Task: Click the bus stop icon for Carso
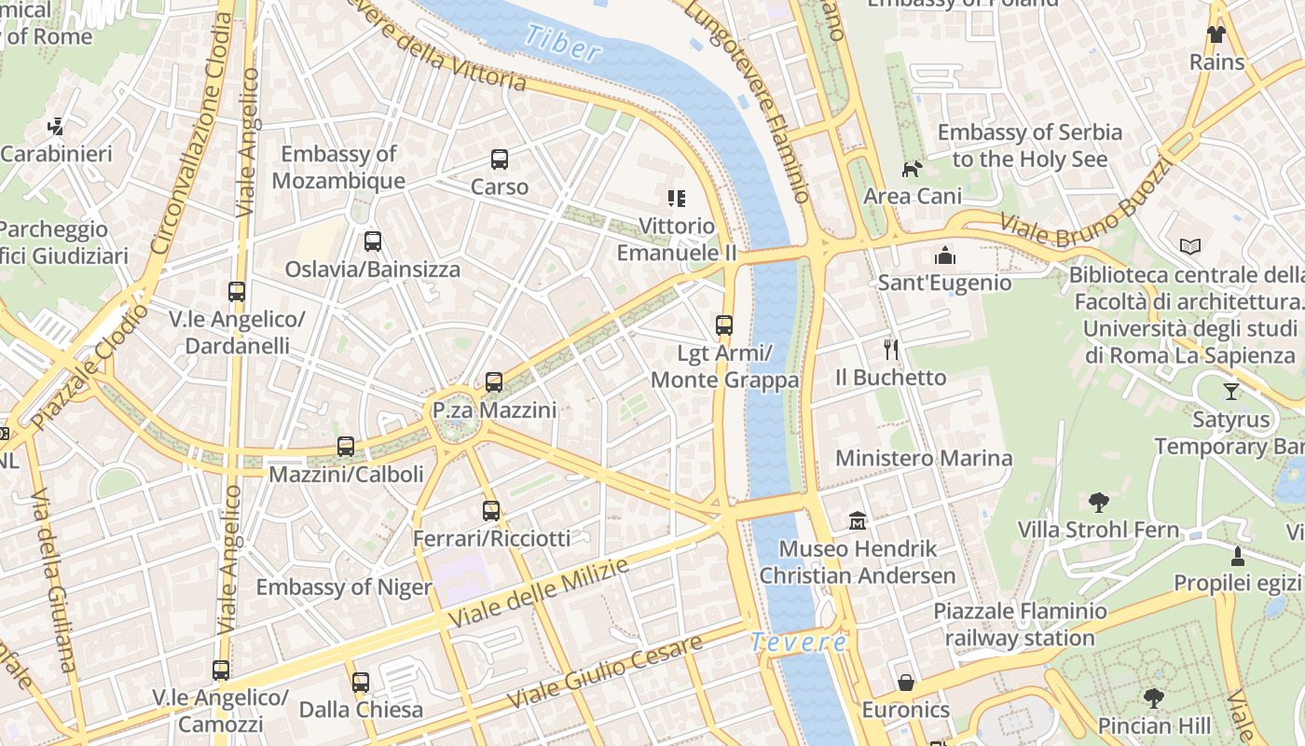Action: click(x=500, y=159)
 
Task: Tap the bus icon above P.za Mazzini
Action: click(x=494, y=382)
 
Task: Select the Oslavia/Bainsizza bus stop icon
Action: click(x=373, y=242)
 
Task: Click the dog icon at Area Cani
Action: click(x=912, y=169)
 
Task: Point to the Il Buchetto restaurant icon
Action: click(x=891, y=350)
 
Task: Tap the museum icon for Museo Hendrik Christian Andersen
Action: click(x=858, y=520)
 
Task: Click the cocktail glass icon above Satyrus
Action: click(x=1230, y=392)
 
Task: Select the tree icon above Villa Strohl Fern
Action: click(x=1099, y=503)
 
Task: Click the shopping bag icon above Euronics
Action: click(x=905, y=683)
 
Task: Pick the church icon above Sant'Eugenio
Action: click(x=945, y=256)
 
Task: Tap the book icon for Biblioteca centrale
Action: click(x=1190, y=246)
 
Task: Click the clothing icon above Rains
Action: click(x=1216, y=35)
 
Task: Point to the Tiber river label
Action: click(x=562, y=42)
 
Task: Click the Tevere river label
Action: click(x=799, y=642)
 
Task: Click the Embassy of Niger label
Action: click(x=344, y=587)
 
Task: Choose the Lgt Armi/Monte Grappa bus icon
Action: click(x=724, y=325)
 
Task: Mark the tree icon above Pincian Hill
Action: click(x=1154, y=698)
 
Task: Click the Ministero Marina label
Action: click(x=923, y=458)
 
